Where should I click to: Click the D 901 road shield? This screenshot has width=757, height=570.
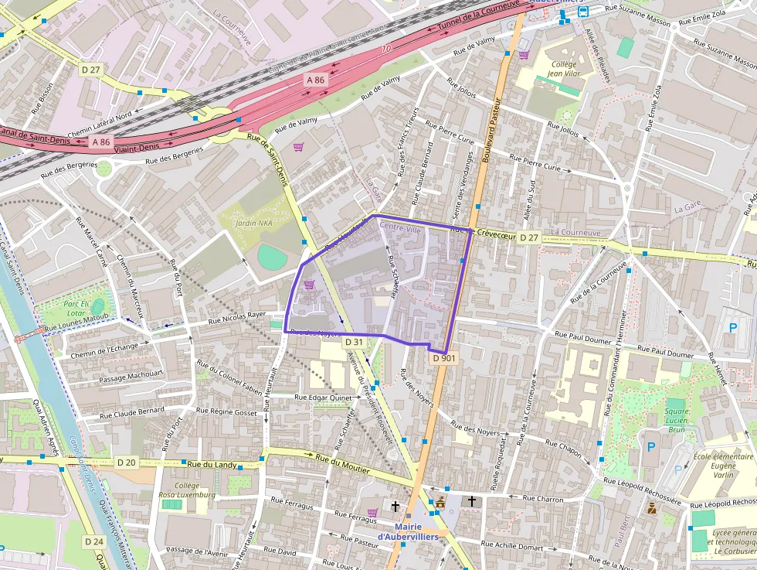444,358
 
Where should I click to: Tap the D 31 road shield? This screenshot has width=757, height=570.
354,342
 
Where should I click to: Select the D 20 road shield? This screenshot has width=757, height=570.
126,462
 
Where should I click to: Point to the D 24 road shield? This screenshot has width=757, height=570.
93,541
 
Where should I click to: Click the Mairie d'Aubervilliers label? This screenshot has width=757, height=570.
407,531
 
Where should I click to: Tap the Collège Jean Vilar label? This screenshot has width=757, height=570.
563,69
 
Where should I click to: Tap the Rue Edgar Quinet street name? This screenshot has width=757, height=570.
324,397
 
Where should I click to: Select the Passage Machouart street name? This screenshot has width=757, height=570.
132,375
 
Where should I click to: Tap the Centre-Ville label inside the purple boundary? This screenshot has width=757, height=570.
401,230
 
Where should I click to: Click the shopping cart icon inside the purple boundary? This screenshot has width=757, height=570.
309,285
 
